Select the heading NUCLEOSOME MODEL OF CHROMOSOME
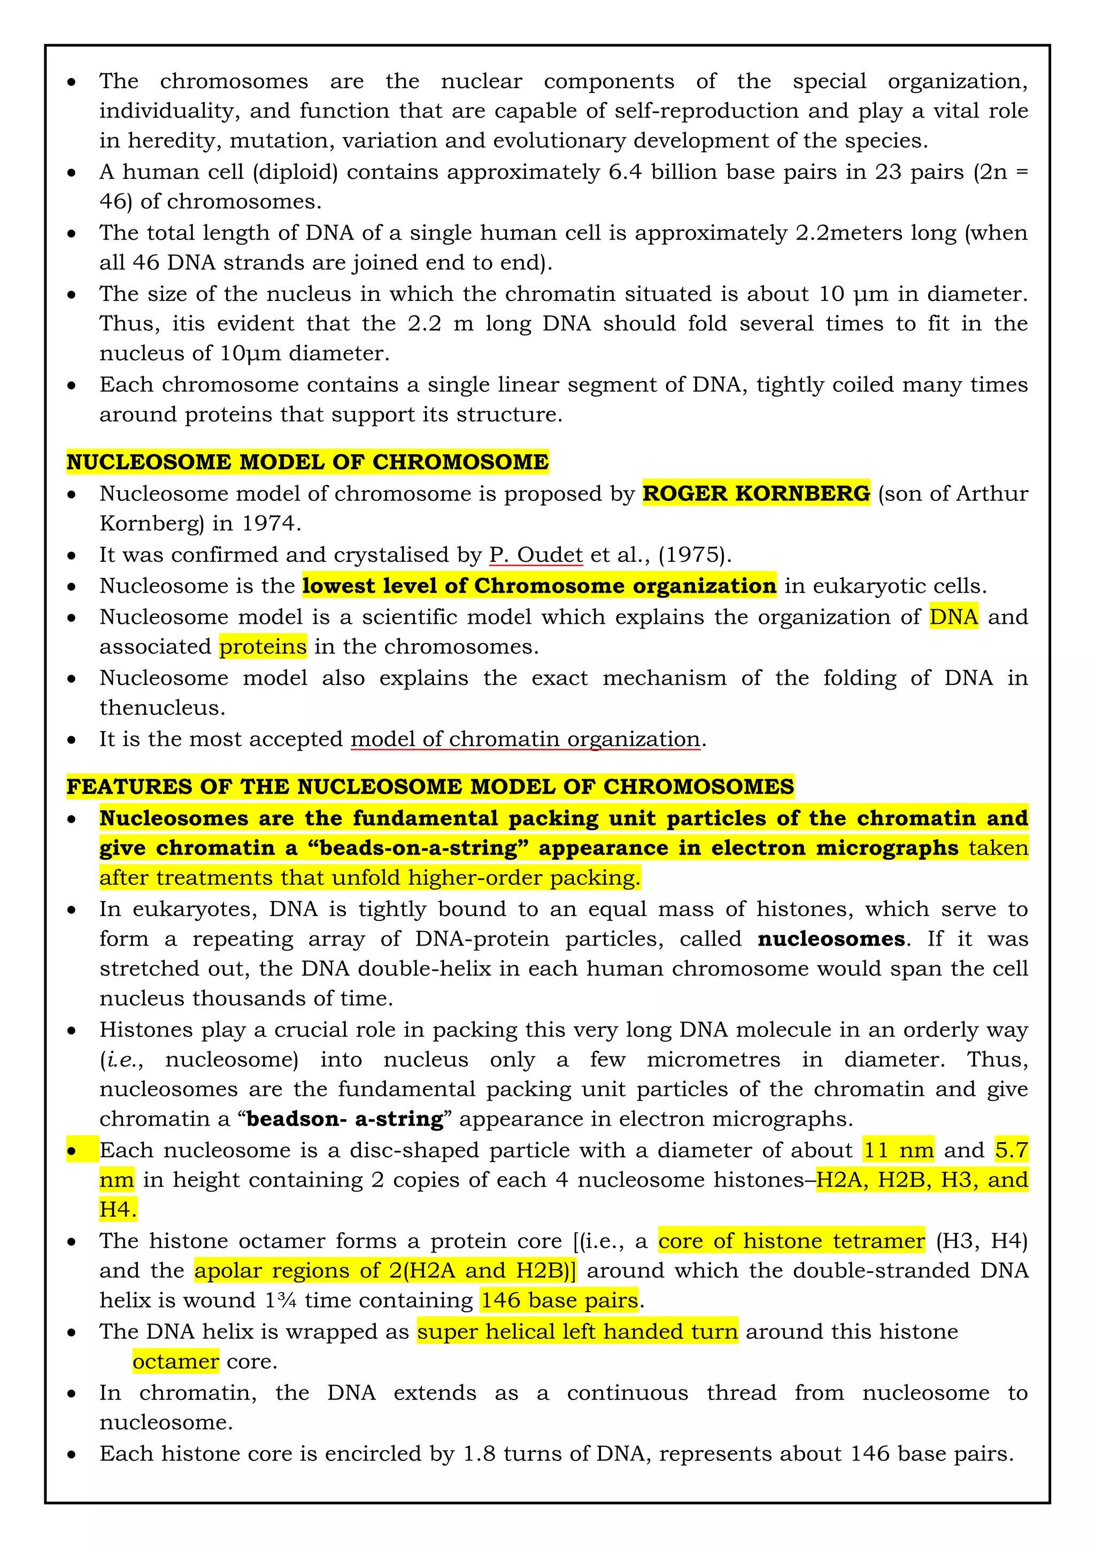[307, 462]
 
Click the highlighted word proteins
[263, 647]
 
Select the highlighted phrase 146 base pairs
[559, 1300]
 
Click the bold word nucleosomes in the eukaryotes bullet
[831, 939]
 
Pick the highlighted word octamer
[175, 1361]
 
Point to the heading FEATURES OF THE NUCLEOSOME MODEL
[430, 786]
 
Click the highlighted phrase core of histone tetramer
[792, 1241]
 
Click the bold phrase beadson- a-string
[344, 1119]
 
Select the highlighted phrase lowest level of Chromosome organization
[539, 585]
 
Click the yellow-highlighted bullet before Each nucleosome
[72, 1151]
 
